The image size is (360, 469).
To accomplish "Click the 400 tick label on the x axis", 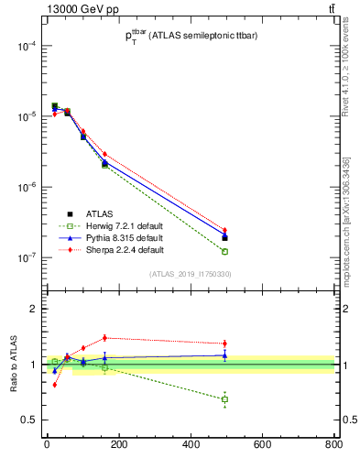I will [191, 445].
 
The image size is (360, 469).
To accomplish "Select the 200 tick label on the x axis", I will [118, 445].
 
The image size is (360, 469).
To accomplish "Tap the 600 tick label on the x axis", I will [262, 445].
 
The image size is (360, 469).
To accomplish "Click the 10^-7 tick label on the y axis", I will [25, 258].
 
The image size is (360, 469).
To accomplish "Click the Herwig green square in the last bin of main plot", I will [224, 251].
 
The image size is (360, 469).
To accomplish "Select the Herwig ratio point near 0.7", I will [224, 399].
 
